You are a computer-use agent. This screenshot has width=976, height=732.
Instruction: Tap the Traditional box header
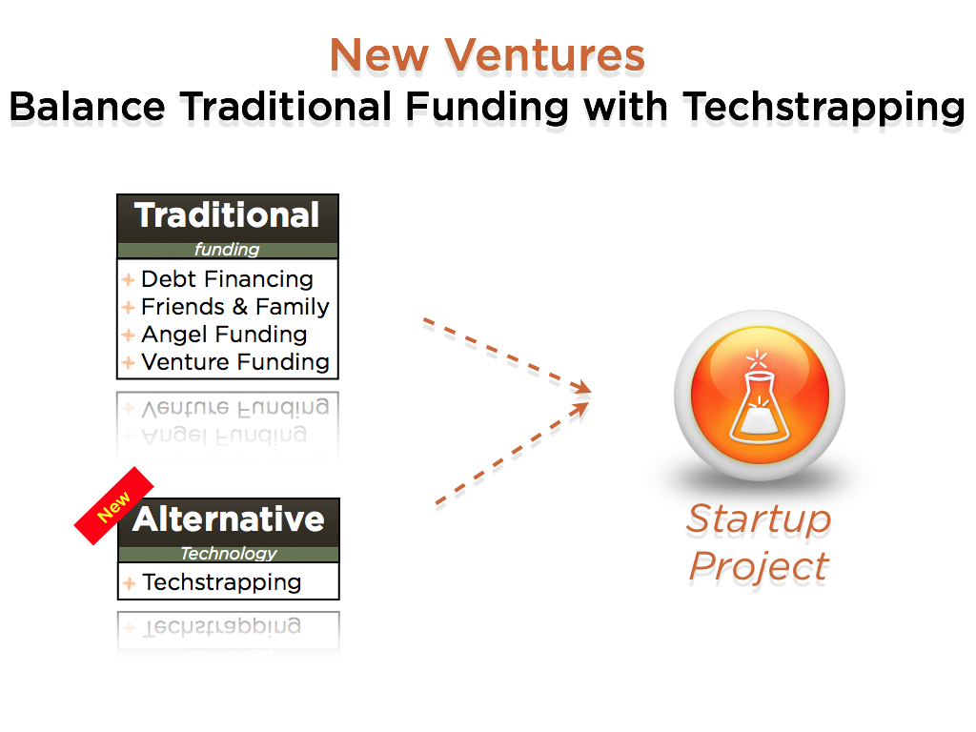227,218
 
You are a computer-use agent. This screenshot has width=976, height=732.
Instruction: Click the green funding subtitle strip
227,251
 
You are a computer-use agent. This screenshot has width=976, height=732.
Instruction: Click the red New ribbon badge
113,506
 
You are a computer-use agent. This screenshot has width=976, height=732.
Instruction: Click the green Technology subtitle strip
229,554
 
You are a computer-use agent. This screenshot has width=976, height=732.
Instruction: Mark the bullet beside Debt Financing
129,279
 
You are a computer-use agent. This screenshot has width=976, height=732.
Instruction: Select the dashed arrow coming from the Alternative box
512,453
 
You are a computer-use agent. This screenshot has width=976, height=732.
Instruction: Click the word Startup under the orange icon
759,519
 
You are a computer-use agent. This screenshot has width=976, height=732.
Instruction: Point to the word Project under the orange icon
759,566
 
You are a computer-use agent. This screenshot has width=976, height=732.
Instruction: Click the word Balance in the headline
88,106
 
